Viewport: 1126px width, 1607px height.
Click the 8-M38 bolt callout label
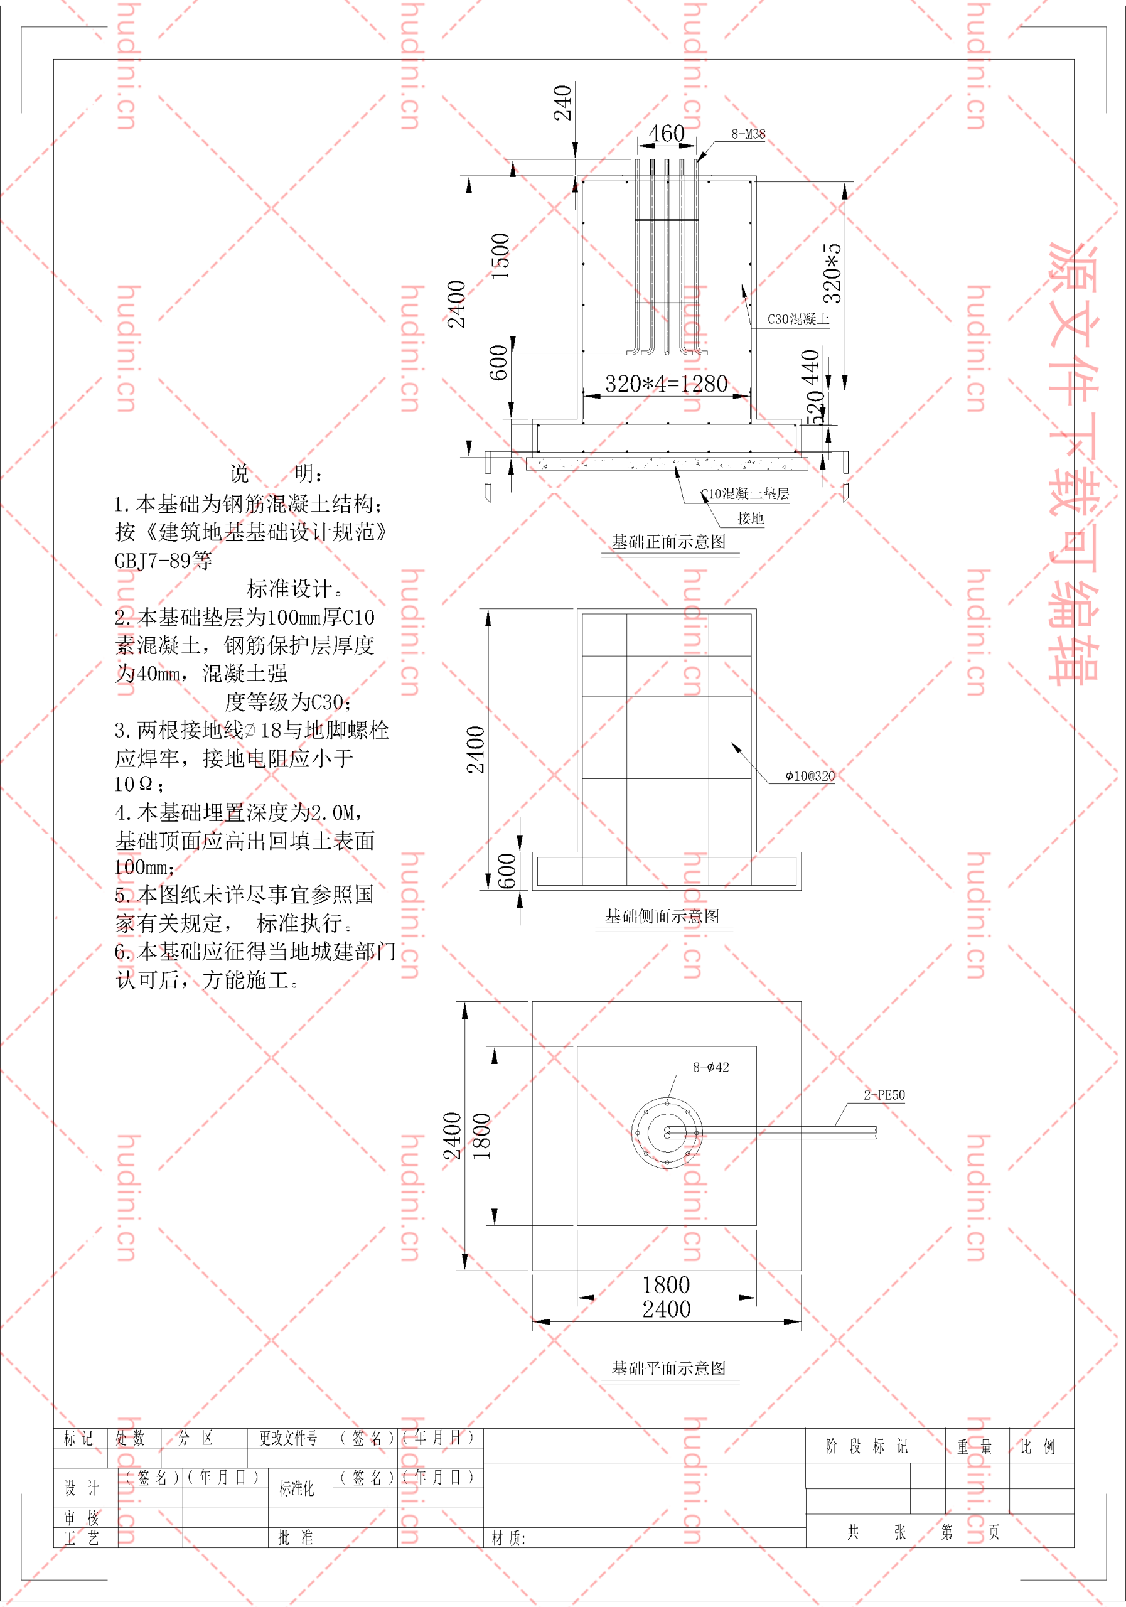click(748, 134)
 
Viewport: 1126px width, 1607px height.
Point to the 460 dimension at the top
click(666, 133)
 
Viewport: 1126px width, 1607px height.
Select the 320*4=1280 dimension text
click(666, 384)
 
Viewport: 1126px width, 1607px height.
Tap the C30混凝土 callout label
click(798, 319)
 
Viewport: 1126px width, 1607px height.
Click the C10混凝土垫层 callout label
click(745, 493)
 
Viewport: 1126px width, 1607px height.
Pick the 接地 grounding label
click(750, 518)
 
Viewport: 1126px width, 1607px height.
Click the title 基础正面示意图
click(669, 541)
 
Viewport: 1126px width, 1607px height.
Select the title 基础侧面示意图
click(662, 916)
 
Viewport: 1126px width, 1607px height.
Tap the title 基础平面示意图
click(669, 1368)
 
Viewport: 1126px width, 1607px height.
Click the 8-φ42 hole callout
click(711, 1067)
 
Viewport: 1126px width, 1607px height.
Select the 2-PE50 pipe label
click(884, 1095)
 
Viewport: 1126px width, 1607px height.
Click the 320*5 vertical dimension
click(832, 273)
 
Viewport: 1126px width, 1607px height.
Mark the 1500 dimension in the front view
click(500, 256)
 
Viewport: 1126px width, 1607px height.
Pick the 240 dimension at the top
click(562, 103)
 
